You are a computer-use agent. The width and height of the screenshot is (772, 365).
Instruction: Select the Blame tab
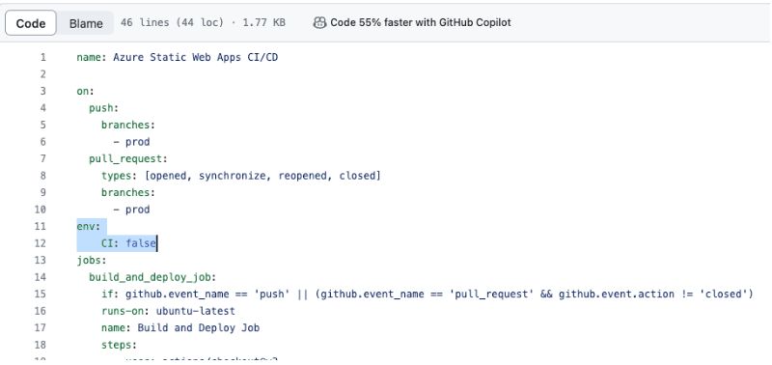(x=86, y=22)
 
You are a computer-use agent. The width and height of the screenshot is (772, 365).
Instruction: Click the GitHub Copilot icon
(x=319, y=22)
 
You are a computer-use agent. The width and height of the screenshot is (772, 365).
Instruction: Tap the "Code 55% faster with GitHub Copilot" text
(x=420, y=22)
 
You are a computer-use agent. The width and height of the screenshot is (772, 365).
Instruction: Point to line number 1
(x=42, y=58)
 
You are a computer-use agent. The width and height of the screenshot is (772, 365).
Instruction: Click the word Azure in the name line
(x=128, y=58)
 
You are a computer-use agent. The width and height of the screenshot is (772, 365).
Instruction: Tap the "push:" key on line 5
(x=104, y=108)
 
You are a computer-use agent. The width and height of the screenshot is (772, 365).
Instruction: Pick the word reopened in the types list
(x=307, y=176)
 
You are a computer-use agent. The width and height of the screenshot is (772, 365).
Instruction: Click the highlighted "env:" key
(x=89, y=226)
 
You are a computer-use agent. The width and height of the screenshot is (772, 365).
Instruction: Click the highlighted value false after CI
(x=141, y=243)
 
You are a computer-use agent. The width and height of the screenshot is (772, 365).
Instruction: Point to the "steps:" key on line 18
(x=119, y=344)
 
